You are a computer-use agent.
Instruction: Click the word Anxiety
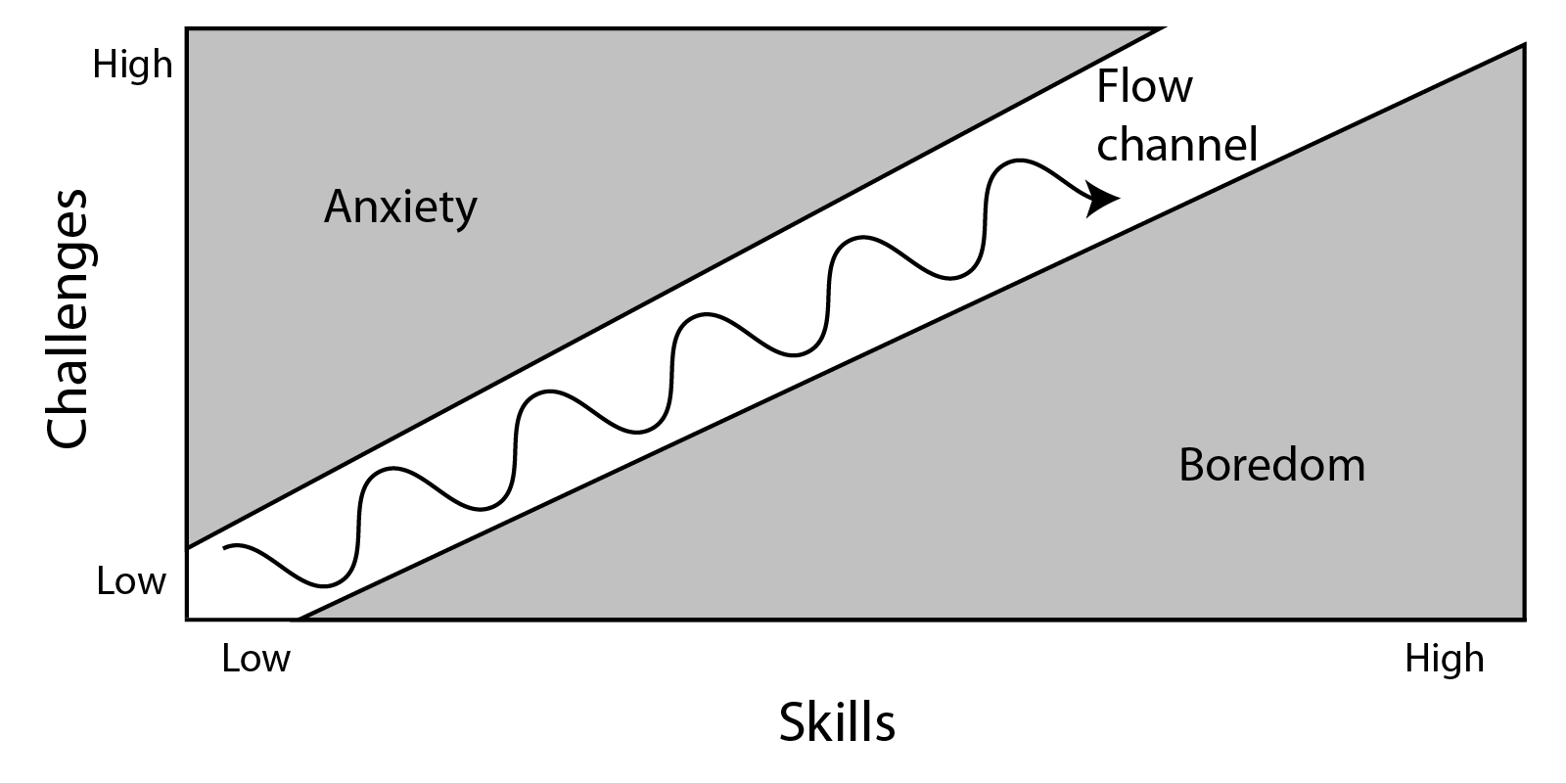coord(400,207)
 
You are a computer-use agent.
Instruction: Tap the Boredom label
coord(1271,465)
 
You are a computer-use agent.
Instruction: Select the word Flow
coord(1144,86)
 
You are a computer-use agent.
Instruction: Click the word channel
coord(1176,144)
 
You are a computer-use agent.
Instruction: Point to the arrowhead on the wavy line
coord(1106,199)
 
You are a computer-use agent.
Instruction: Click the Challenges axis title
coord(69,318)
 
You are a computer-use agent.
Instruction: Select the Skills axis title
coord(837,723)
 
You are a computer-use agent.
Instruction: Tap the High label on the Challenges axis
coord(132,65)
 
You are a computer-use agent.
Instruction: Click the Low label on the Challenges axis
coord(131,581)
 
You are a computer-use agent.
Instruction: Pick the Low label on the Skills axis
coord(255,659)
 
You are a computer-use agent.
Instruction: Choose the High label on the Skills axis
coord(1444,659)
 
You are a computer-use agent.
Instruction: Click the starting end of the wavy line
coord(225,547)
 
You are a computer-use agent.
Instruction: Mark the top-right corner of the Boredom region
coord(1524,45)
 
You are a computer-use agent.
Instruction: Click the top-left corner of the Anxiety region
coord(187,28)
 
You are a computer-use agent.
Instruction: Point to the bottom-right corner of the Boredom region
coord(1524,620)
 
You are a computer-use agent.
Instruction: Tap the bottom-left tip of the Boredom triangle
coord(299,620)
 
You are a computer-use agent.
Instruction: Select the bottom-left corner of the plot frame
coord(187,620)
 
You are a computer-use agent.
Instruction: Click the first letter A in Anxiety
coord(338,206)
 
